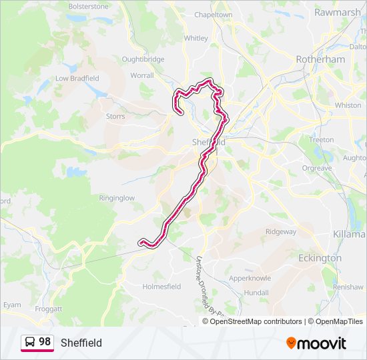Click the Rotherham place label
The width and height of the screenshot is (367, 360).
(x=320, y=59)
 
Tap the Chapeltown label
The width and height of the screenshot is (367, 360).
(x=213, y=15)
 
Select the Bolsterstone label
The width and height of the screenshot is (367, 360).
(x=87, y=7)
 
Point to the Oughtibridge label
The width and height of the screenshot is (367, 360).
(x=143, y=59)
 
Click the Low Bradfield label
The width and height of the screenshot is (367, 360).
(x=77, y=79)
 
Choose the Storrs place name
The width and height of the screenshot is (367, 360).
(x=115, y=116)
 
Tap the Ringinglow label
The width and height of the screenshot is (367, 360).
(x=117, y=198)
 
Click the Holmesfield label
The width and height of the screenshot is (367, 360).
(x=161, y=287)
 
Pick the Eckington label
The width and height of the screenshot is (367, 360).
(x=320, y=258)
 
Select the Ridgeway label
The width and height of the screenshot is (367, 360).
(x=280, y=232)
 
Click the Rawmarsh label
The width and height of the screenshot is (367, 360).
(x=337, y=12)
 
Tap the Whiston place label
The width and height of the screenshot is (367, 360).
(x=348, y=105)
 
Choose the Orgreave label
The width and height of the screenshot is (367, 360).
(x=316, y=169)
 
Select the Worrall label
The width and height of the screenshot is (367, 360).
(x=141, y=76)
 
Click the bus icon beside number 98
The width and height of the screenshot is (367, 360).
(x=29, y=342)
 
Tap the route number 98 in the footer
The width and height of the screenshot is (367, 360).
(x=45, y=342)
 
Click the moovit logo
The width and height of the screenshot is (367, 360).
(x=316, y=343)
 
